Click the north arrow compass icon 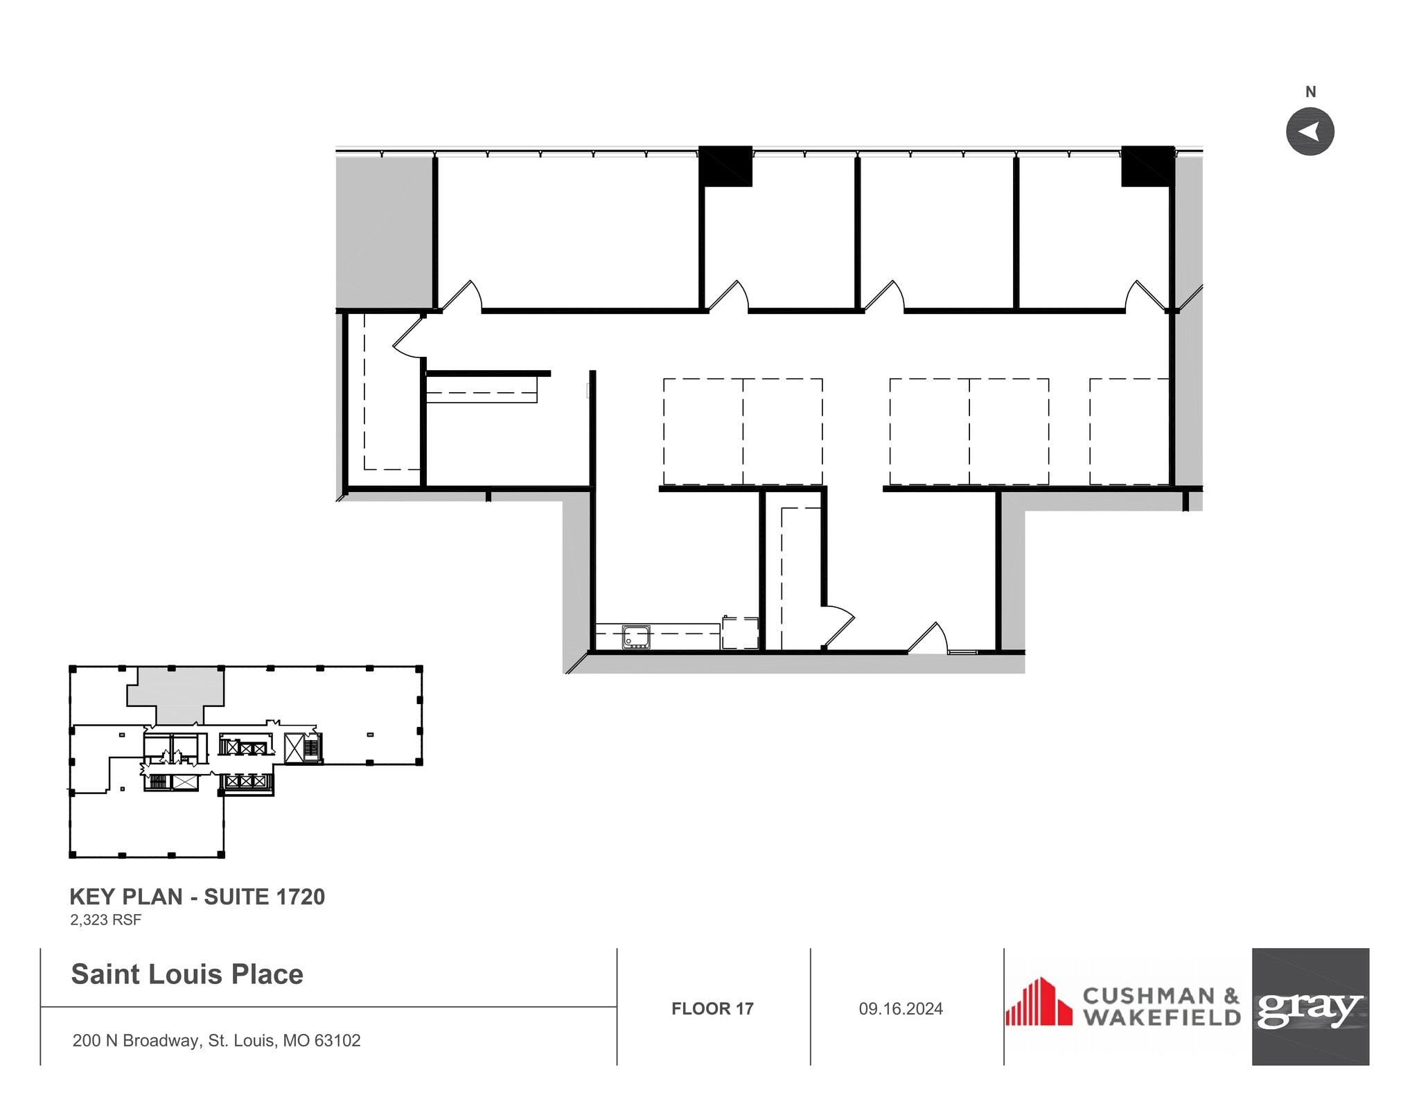point(1310,132)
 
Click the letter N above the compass point(1310,91)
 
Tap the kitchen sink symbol point(636,636)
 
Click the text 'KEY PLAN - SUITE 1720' point(197,897)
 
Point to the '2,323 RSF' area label point(105,920)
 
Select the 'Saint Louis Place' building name point(187,974)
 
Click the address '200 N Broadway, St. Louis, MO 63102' point(216,1040)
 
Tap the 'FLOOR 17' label point(712,1008)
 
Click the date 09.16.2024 point(901,1008)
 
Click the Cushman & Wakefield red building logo point(1039,1002)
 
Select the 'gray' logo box point(1310,1006)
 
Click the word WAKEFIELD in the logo point(1162,1017)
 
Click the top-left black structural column point(725,166)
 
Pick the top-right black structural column point(1147,166)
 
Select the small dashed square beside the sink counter point(740,633)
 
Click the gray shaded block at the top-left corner point(384,232)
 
